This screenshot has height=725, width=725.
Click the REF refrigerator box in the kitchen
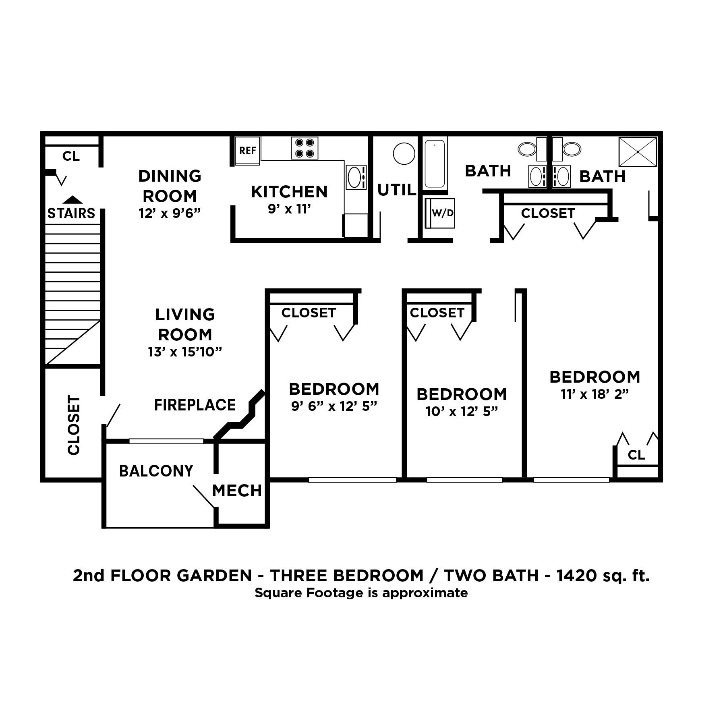(x=248, y=151)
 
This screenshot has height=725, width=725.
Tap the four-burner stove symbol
(x=304, y=148)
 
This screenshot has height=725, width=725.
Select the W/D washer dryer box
(x=442, y=213)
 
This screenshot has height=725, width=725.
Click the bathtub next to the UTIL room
(x=435, y=163)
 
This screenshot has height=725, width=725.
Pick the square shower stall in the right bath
(x=638, y=151)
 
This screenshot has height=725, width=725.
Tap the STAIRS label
(x=71, y=213)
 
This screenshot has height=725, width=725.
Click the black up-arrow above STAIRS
(x=72, y=199)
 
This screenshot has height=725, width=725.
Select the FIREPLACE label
(x=195, y=405)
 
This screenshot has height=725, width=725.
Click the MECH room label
(x=237, y=491)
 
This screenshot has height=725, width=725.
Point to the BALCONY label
(x=156, y=470)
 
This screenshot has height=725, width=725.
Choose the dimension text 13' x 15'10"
(x=185, y=352)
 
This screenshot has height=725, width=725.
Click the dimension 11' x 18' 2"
(x=594, y=394)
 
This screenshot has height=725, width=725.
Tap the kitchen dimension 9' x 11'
(x=289, y=209)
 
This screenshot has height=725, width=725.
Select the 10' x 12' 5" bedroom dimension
(x=462, y=411)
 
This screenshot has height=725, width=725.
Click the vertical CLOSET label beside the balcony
(x=74, y=425)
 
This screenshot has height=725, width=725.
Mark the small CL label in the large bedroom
(x=636, y=455)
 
